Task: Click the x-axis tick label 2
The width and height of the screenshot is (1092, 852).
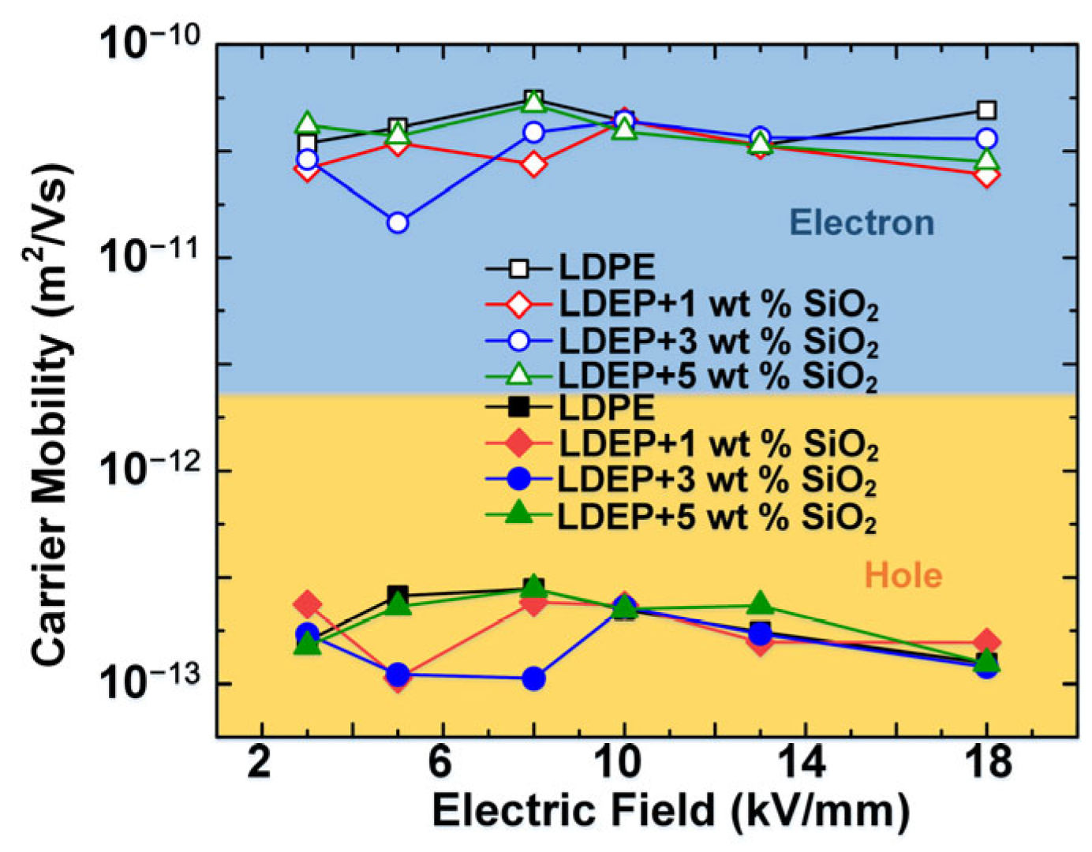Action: pyautogui.click(x=260, y=763)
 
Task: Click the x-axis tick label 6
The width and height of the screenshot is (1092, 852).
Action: pyautogui.click(x=441, y=763)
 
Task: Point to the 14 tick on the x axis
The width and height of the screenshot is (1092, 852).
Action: pyautogui.click(x=804, y=763)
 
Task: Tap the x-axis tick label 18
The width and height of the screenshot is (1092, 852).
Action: pyautogui.click(x=986, y=763)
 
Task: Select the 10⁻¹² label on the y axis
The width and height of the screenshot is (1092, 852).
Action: pyautogui.click(x=150, y=470)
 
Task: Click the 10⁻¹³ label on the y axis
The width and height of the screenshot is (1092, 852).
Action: pyautogui.click(x=150, y=683)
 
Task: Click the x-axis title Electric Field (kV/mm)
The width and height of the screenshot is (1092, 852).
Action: pyautogui.click(x=671, y=811)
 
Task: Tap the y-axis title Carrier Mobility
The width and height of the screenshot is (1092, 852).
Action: pyautogui.click(x=50, y=414)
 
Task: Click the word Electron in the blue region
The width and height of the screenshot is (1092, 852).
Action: pyautogui.click(x=862, y=222)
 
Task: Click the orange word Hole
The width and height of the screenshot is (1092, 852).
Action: pyautogui.click(x=903, y=575)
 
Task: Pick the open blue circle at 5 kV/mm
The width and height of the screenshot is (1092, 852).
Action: pyautogui.click(x=398, y=222)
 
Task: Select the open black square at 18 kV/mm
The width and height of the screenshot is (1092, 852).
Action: pyautogui.click(x=986, y=110)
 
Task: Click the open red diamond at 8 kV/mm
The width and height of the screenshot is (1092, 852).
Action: pyautogui.click(x=534, y=164)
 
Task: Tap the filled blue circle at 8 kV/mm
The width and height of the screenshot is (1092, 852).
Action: pyautogui.click(x=534, y=678)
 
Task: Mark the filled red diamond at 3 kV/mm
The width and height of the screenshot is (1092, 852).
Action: pyautogui.click(x=307, y=604)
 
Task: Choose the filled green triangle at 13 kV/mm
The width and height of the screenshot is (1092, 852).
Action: pyautogui.click(x=760, y=603)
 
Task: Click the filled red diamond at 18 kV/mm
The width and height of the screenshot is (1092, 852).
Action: pyautogui.click(x=986, y=642)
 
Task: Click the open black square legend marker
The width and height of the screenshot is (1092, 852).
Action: pyautogui.click(x=518, y=269)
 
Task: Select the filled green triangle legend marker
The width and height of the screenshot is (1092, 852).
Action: pyautogui.click(x=518, y=515)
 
